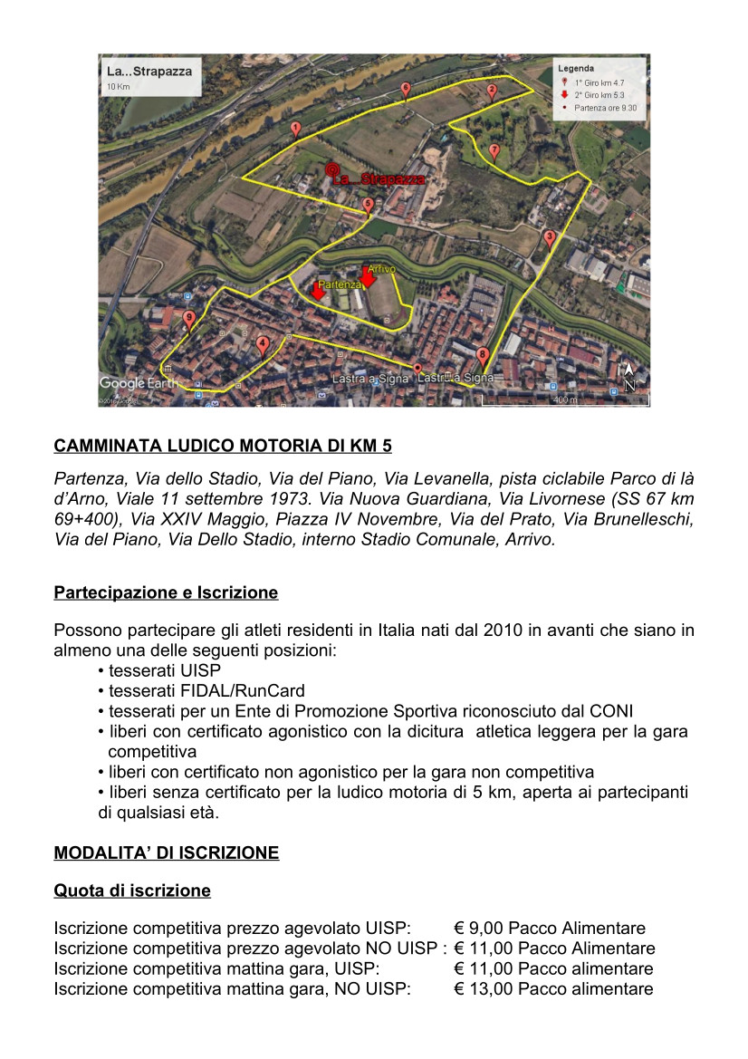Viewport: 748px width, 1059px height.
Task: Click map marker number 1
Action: [295, 130]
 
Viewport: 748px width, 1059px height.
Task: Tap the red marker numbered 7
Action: [494, 150]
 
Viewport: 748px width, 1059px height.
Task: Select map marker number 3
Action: [549, 238]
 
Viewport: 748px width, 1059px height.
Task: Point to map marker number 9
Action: [188, 318]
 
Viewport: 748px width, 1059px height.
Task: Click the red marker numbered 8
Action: [482, 355]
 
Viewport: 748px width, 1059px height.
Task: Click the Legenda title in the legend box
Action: [575, 69]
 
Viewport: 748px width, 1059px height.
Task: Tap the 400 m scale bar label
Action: [564, 400]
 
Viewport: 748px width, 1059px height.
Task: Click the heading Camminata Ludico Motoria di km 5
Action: [223, 446]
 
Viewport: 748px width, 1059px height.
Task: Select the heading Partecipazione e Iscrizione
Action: [166, 593]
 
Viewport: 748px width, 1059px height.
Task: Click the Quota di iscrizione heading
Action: [132, 891]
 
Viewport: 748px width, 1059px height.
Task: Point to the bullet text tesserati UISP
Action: [165, 671]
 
